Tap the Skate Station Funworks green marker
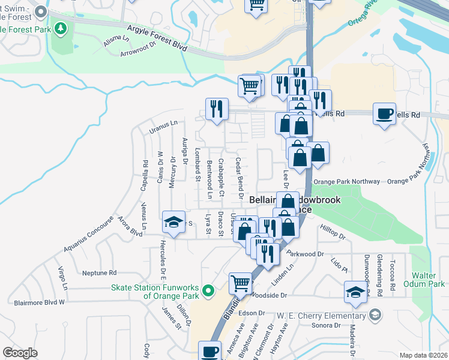click(x=208, y=291)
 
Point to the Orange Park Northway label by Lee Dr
click(x=346, y=181)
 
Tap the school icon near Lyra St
click(x=173, y=223)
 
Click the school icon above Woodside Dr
click(x=355, y=292)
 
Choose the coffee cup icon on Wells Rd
click(x=384, y=112)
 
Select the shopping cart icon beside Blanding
click(x=240, y=282)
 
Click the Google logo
click(x=20, y=353)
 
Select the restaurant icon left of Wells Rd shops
click(x=216, y=108)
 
